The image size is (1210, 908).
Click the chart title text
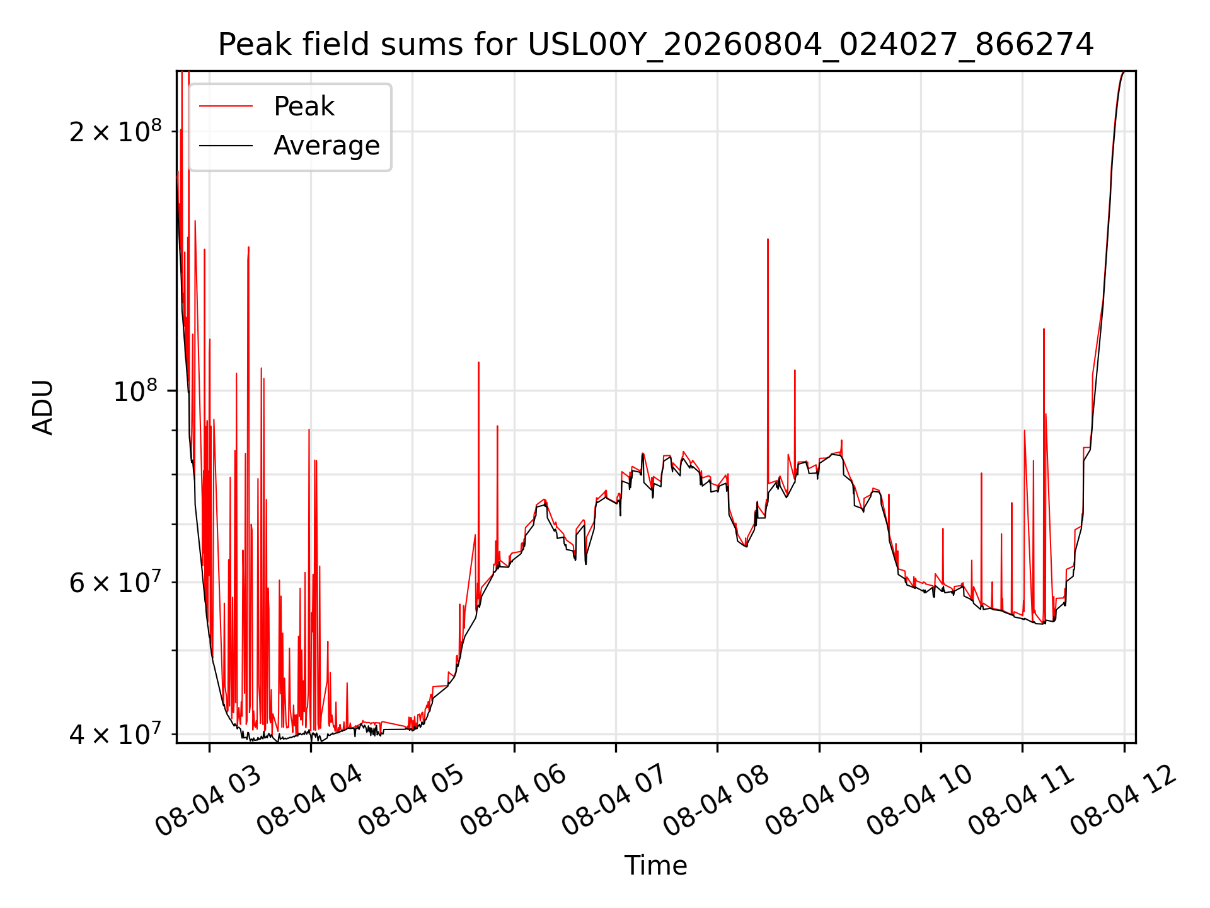coord(655,45)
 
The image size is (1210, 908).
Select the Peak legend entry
coord(304,106)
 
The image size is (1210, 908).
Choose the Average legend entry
coord(326,146)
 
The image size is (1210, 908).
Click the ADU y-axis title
coord(43,407)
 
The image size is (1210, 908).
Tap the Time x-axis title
coord(655,865)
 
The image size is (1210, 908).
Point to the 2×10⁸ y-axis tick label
coord(115,131)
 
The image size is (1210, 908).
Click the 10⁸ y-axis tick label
coord(137,390)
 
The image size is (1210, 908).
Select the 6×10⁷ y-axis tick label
coord(115,581)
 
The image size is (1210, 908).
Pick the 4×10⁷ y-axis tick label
coord(115,733)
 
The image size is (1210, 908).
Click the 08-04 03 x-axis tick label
coord(208,801)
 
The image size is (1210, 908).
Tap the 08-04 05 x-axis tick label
coord(412,801)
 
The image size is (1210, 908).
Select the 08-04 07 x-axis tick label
coord(615,801)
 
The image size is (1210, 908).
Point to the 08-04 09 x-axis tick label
coord(818,801)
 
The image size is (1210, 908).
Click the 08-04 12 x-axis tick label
coord(1123,801)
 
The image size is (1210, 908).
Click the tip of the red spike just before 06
coord(497,426)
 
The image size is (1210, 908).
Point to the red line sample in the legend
coord(226,107)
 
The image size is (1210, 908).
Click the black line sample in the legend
coord(226,146)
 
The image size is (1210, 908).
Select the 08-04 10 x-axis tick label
coord(920,801)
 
